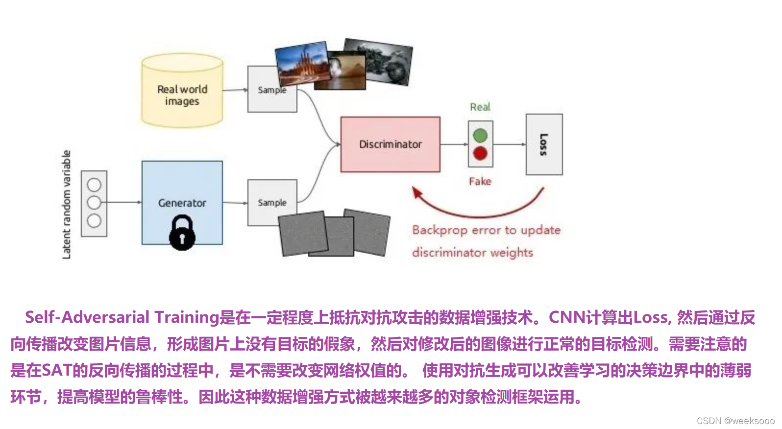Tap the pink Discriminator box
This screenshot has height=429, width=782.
coord(390,144)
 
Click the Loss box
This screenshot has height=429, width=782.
coord(544,144)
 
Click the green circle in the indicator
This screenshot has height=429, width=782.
coord(480,135)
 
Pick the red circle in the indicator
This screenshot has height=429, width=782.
coord(480,153)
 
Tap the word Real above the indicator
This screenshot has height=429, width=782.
coord(480,107)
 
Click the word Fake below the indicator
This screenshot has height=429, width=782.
coord(480,181)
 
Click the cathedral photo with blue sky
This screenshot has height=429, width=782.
coord(301,62)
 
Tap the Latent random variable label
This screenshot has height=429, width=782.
coord(67,204)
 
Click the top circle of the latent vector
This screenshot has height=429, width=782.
coord(94,185)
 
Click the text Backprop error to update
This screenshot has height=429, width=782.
coord(486,230)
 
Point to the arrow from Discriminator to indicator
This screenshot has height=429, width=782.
coord(454,144)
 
